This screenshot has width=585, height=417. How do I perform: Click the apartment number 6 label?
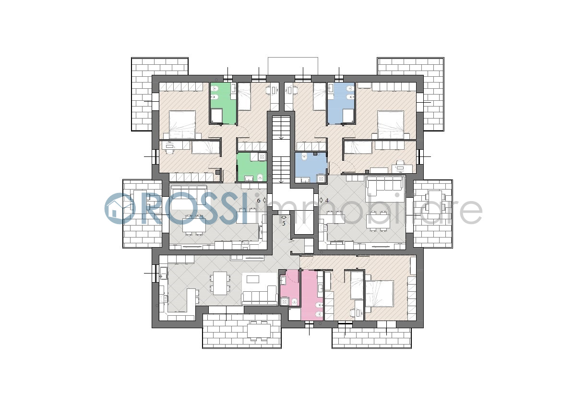(259, 200)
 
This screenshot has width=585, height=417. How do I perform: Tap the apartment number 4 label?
(327, 200)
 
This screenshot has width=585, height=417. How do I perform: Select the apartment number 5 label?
(284, 224)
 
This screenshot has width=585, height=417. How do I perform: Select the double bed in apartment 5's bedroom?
(380, 294)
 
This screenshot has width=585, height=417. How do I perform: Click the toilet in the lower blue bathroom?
(304, 156)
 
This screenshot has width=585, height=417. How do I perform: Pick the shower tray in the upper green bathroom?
(216, 116)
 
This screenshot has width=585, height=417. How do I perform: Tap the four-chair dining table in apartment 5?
(220, 283)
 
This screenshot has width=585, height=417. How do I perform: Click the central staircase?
(281, 149)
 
